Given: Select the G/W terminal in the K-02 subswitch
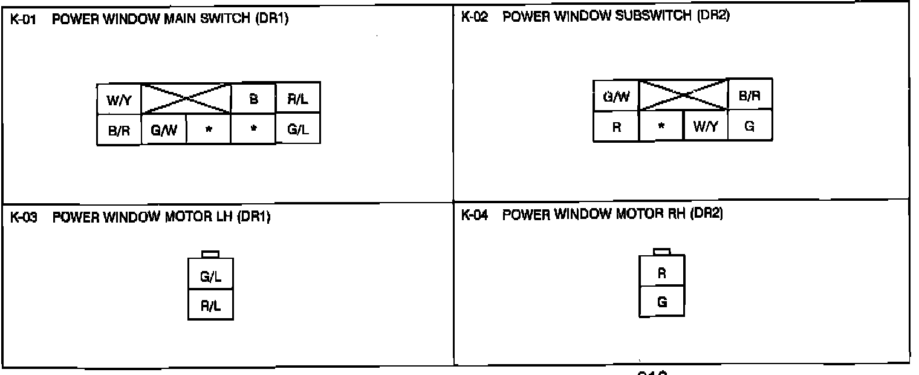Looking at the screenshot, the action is tap(615, 96).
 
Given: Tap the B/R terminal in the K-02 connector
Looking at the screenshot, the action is tap(750, 95).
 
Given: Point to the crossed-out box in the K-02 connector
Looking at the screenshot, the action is tap(683, 96).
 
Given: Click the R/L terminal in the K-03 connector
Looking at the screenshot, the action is tap(210, 306).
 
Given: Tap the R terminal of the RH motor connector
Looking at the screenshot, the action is tap(662, 273).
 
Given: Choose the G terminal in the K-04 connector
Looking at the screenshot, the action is tap(662, 302).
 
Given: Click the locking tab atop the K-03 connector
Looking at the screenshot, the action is tap(210, 254).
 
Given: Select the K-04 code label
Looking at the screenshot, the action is tap(474, 215).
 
